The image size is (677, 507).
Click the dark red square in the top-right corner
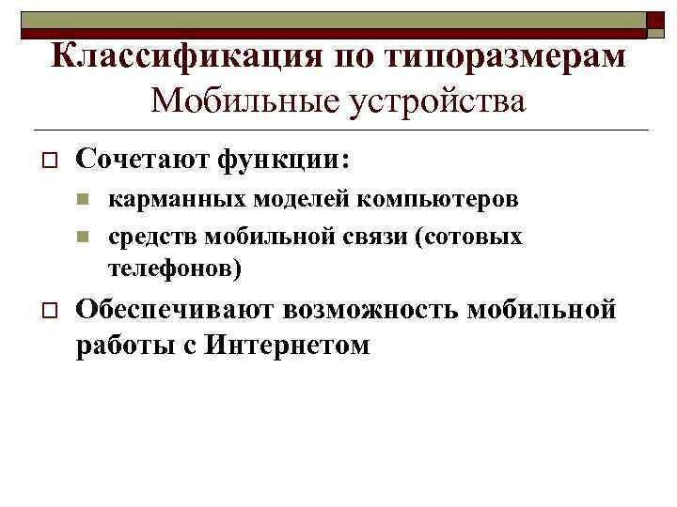[x=655, y=22]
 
